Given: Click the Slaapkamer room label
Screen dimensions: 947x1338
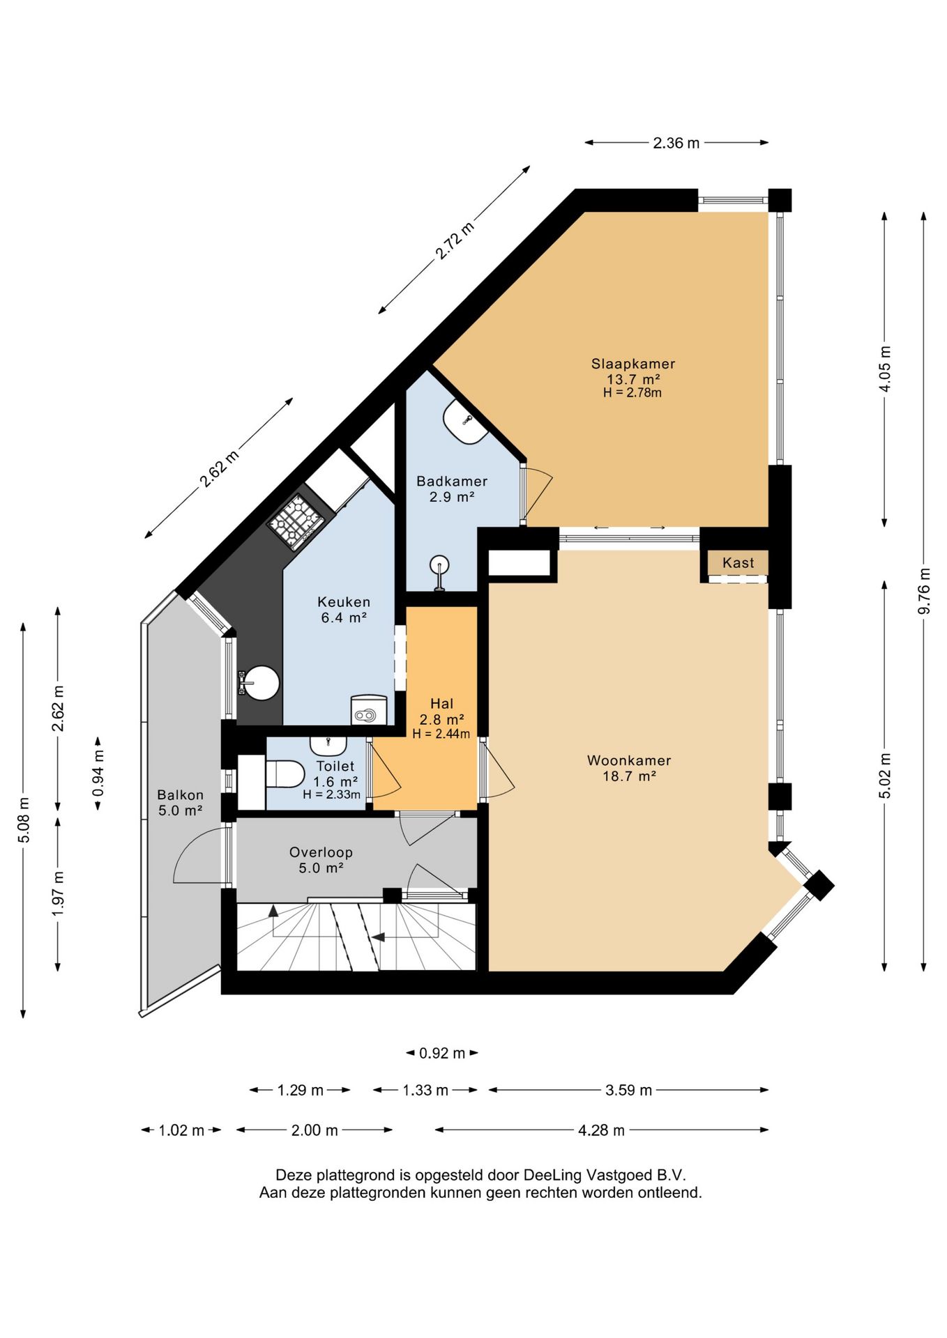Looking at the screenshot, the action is (633, 364).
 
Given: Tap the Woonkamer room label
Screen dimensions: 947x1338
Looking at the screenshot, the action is (629, 760).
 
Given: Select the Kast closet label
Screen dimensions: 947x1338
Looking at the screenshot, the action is (738, 562).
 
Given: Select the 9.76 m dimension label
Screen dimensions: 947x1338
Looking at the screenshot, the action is (924, 591).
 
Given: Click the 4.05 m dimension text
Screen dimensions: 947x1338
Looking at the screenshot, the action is (885, 368).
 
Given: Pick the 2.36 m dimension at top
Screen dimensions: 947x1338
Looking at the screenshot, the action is (676, 143).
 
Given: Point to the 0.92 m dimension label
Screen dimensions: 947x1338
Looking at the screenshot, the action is (442, 1053).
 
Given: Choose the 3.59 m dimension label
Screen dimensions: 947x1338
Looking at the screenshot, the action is (628, 1090).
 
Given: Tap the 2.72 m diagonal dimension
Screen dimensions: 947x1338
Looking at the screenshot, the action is (455, 240).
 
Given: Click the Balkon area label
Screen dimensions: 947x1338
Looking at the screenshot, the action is (180, 794).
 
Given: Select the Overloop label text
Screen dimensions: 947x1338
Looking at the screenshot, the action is (321, 852).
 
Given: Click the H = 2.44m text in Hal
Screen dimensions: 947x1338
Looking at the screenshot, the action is (441, 734).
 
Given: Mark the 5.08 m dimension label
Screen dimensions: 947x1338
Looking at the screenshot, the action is (24, 819).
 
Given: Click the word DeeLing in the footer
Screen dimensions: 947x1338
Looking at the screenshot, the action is (552, 1175).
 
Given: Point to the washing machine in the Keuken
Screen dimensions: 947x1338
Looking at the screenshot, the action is (368, 710).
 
